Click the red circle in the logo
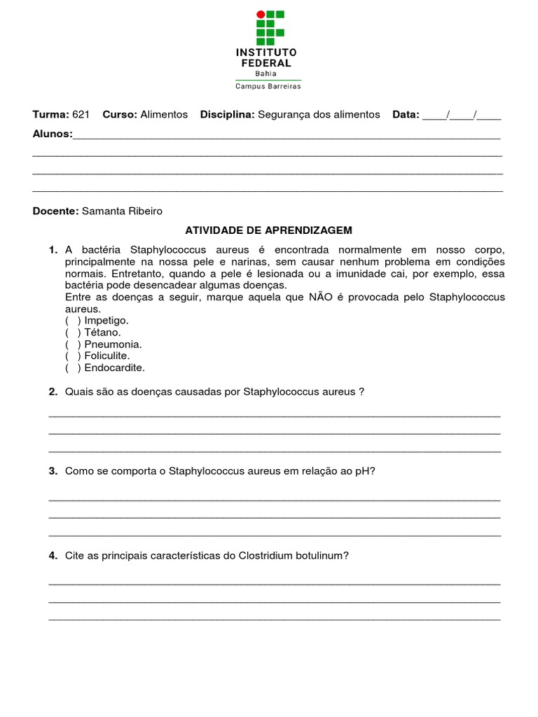pyautogui.click(x=261, y=14)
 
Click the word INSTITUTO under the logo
pyautogui.click(x=266, y=53)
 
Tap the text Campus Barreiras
pyautogui.click(x=268, y=86)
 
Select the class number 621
pyautogui.click(x=81, y=114)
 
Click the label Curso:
pyautogui.click(x=120, y=114)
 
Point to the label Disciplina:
pyautogui.click(x=227, y=114)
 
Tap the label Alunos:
pyautogui.click(x=53, y=133)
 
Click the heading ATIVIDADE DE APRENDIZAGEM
pyautogui.click(x=268, y=230)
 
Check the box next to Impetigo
pyautogui.click(x=73, y=321)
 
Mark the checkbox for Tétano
pyautogui.click(x=73, y=333)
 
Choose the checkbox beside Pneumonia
pyautogui.click(x=73, y=344)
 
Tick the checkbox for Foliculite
pyautogui.click(x=73, y=356)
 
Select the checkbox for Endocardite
pyautogui.click(x=73, y=368)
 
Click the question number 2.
pyautogui.click(x=53, y=392)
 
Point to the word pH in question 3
pyautogui.click(x=362, y=471)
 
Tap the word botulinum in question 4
pyautogui.click(x=317, y=556)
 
